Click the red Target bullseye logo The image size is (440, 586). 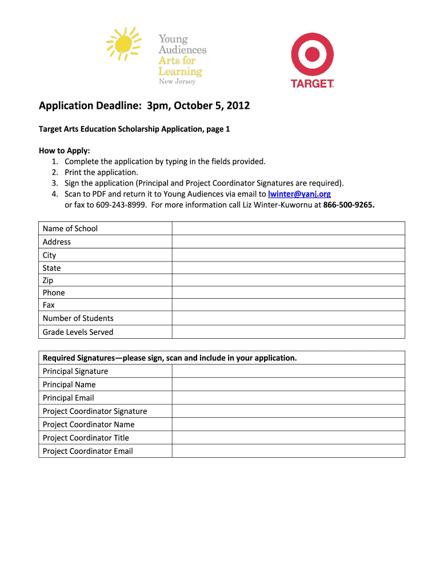(x=312, y=54)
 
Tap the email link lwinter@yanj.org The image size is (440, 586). (x=299, y=194)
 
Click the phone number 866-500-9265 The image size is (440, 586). (x=349, y=205)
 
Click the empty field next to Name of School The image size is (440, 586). (x=288, y=228)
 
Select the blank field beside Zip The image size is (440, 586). (x=288, y=280)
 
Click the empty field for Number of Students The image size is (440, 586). (x=288, y=318)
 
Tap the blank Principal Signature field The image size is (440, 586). (x=288, y=371)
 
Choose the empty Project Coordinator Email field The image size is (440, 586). (x=288, y=451)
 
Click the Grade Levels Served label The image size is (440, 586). (x=78, y=332)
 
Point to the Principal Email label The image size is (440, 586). (x=68, y=398)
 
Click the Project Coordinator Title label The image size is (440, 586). (x=86, y=438)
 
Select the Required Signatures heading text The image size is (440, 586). (x=170, y=358)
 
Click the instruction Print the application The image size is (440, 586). (x=101, y=172)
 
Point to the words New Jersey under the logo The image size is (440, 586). (x=177, y=82)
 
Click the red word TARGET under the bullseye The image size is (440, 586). (x=312, y=84)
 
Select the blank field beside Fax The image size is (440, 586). (x=288, y=305)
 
